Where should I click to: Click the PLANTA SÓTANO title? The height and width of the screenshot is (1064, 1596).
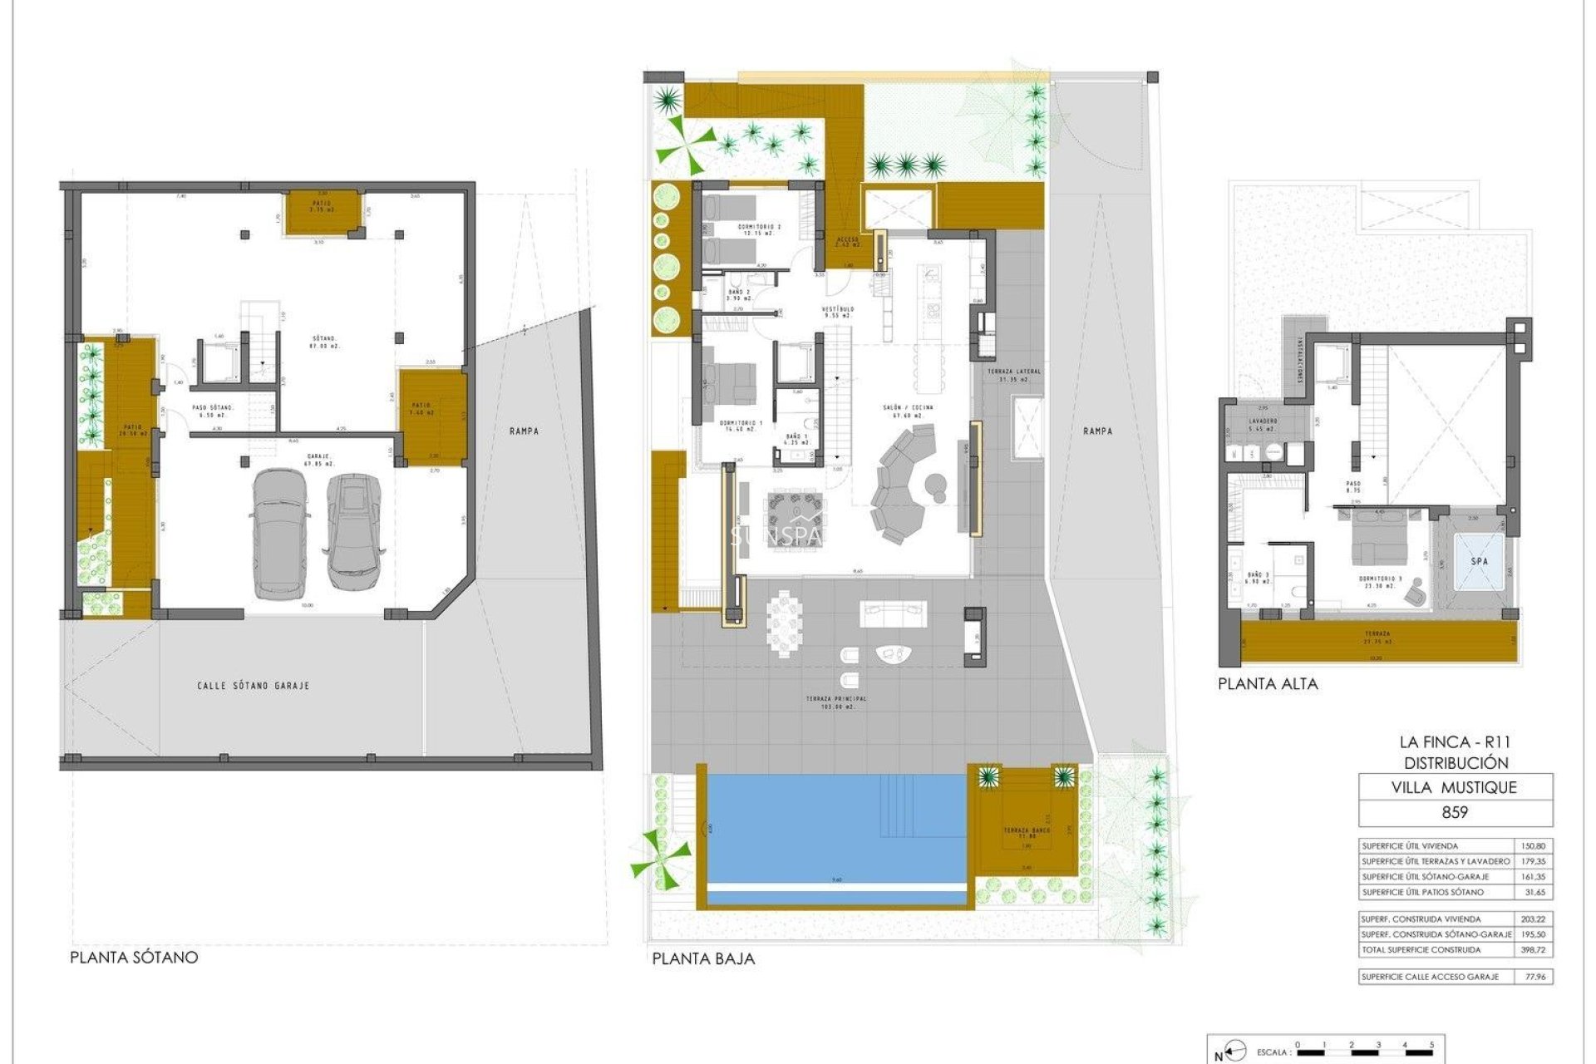[x=134, y=957]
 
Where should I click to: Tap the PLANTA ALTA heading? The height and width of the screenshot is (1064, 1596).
[x=1268, y=684]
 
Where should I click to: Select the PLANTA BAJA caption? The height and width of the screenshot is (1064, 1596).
[x=703, y=958]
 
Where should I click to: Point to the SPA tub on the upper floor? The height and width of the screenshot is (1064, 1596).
[x=1480, y=561]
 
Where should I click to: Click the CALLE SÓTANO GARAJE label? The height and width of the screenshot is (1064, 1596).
[x=253, y=686]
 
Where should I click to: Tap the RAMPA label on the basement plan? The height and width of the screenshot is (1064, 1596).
[x=525, y=431]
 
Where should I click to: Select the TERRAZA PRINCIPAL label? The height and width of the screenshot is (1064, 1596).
[x=835, y=699]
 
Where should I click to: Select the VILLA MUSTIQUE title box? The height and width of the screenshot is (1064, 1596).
[x=1454, y=787]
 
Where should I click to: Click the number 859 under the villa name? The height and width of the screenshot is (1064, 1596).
[x=1454, y=812]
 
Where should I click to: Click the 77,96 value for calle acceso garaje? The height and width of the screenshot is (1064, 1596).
[x=1535, y=977]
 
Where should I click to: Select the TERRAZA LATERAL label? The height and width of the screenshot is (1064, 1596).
[x=1013, y=372]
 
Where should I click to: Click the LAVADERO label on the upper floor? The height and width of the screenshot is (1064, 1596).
[x=1263, y=421]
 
